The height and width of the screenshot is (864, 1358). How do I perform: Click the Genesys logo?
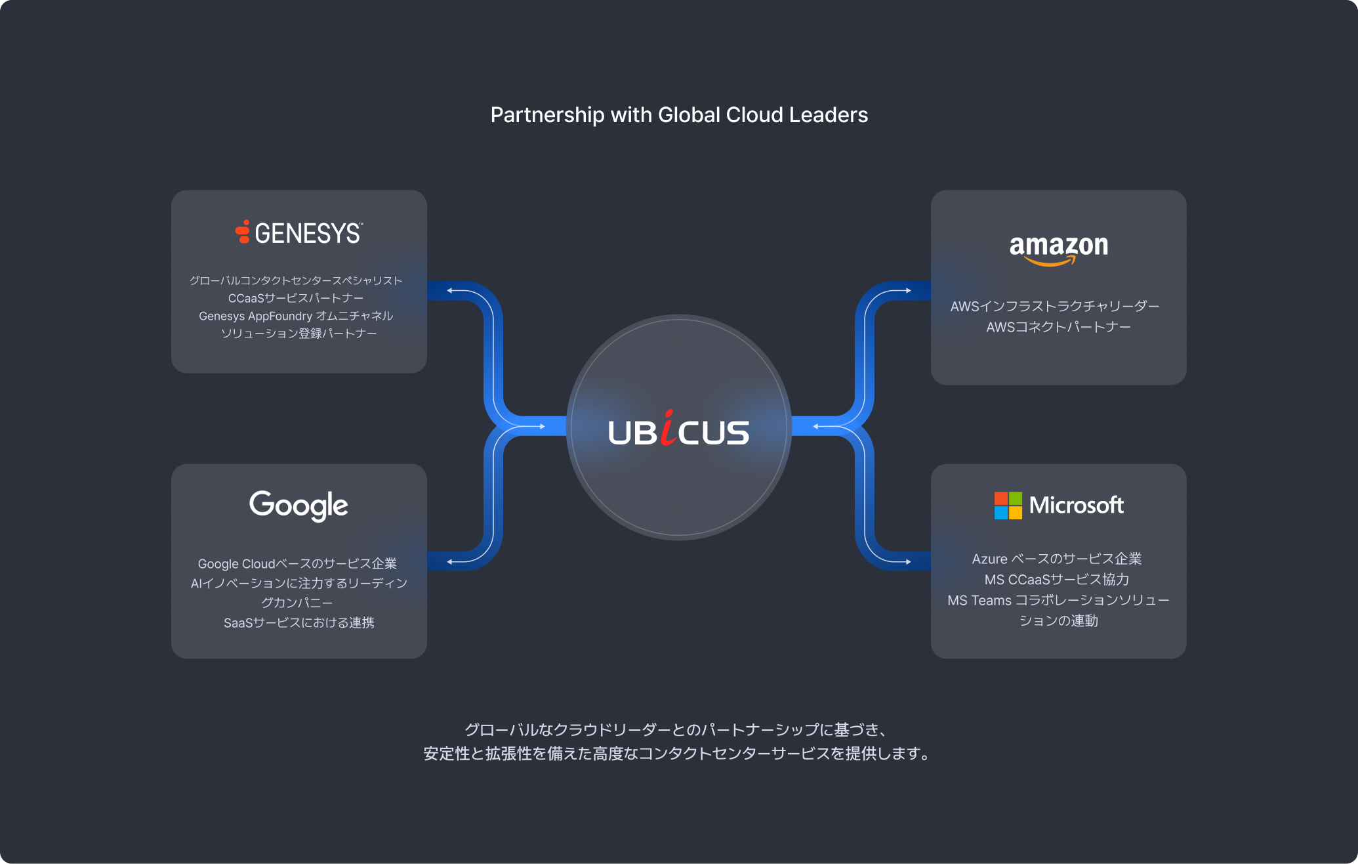(x=298, y=233)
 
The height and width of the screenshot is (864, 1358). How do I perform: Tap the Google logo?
(x=298, y=505)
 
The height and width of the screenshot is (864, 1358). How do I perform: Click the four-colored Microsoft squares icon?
(x=1008, y=506)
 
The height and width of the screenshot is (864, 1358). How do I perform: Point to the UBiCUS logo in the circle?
(x=678, y=431)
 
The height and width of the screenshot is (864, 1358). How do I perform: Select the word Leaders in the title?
(x=829, y=115)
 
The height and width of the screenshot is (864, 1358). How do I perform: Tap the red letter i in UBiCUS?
(x=668, y=428)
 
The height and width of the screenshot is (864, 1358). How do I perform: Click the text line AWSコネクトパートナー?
(x=1058, y=327)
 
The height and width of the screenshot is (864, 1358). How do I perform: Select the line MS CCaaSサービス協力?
(x=1057, y=580)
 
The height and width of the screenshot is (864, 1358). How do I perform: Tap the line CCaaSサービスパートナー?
(x=296, y=298)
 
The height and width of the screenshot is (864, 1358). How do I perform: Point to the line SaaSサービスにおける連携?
(x=298, y=622)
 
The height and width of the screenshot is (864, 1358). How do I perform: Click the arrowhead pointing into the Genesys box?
(x=450, y=290)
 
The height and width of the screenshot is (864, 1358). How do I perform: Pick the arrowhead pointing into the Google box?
(x=450, y=561)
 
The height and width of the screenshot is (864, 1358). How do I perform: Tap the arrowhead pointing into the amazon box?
(x=908, y=290)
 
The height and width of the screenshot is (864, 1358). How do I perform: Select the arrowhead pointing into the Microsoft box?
(x=908, y=561)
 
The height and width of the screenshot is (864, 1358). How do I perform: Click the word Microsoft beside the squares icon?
(x=1076, y=505)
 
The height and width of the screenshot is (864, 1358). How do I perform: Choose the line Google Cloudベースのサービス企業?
(x=297, y=564)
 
